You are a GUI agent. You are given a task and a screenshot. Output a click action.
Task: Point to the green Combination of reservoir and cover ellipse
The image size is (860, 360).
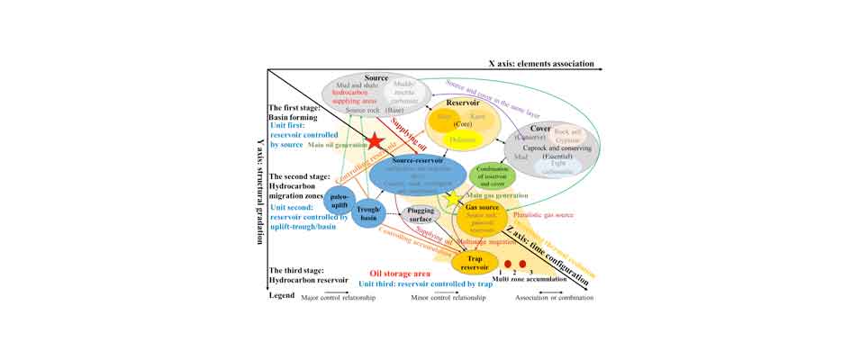pyautogui.click(x=492, y=175)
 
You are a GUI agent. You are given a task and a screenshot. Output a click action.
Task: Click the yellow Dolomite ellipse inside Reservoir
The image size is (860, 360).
pyautogui.click(x=462, y=139)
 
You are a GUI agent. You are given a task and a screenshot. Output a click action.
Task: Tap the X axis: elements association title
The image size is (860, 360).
pyautogui.click(x=541, y=64)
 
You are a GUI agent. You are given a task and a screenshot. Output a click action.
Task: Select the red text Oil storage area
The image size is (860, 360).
pyautogui.click(x=399, y=273)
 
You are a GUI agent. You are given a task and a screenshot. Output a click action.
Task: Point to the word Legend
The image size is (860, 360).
pyautogui.click(x=282, y=296)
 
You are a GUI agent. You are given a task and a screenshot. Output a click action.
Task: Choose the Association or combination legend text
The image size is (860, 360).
pyautogui.click(x=555, y=298)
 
